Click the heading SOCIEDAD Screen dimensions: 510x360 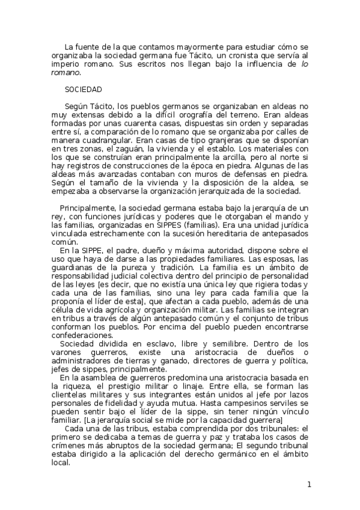pos(84,88)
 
